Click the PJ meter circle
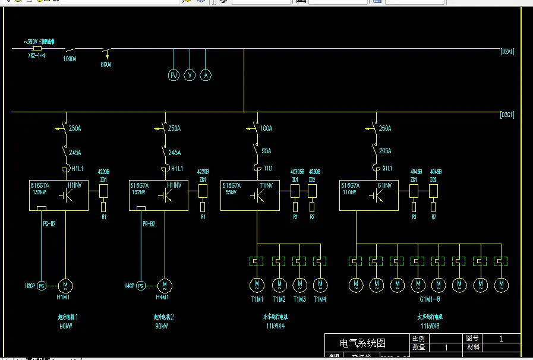174,75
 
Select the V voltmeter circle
190,75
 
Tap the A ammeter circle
206,75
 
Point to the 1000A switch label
70,59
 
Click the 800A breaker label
106,64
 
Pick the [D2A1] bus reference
507,52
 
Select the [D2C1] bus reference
507,115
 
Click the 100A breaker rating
266,128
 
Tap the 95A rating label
266,151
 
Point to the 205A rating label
385,151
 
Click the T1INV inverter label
266,185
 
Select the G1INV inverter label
384,185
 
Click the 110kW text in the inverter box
349,192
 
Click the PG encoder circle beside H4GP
141,286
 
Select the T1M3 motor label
299,299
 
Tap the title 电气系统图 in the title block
362,343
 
